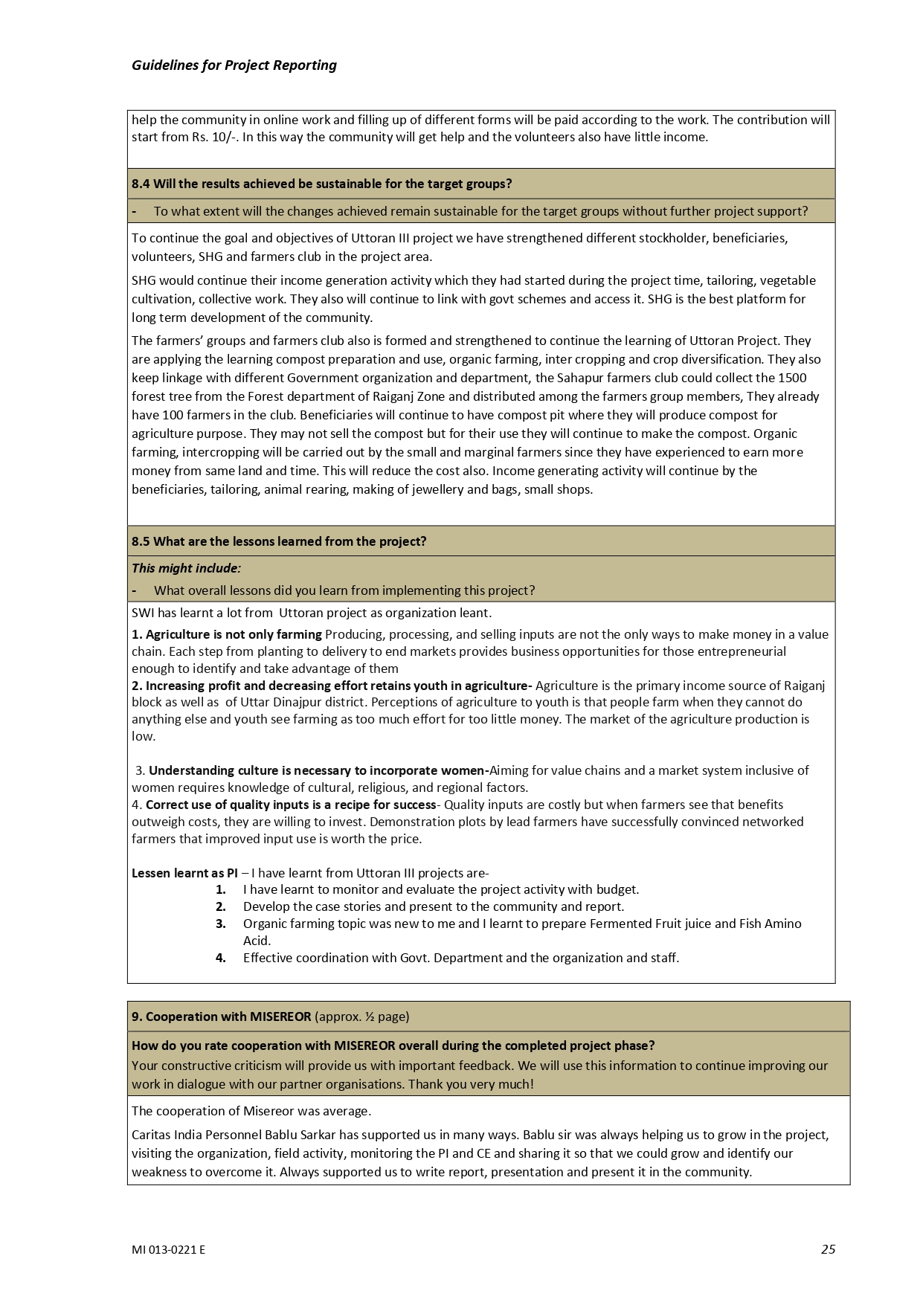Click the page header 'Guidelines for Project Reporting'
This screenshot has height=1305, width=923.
pyautogui.click(x=234, y=65)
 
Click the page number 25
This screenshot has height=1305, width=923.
pyautogui.click(x=828, y=1249)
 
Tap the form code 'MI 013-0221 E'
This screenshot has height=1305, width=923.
pyautogui.click(x=168, y=1250)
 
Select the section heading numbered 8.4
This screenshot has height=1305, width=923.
pyautogui.click(x=321, y=184)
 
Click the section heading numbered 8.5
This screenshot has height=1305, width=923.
pyautogui.click(x=279, y=541)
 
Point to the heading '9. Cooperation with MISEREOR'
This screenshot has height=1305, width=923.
pyautogui.click(x=221, y=1016)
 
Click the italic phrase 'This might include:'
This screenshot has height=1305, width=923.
pyautogui.click(x=186, y=568)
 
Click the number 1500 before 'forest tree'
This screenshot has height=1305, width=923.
pyautogui.click(x=792, y=378)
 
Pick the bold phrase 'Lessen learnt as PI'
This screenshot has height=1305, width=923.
pyautogui.click(x=184, y=873)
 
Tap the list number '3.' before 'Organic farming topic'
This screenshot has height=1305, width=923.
pyautogui.click(x=221, y=924)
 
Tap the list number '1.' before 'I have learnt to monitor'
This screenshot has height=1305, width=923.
pyautogui.click(x=221, y=889)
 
